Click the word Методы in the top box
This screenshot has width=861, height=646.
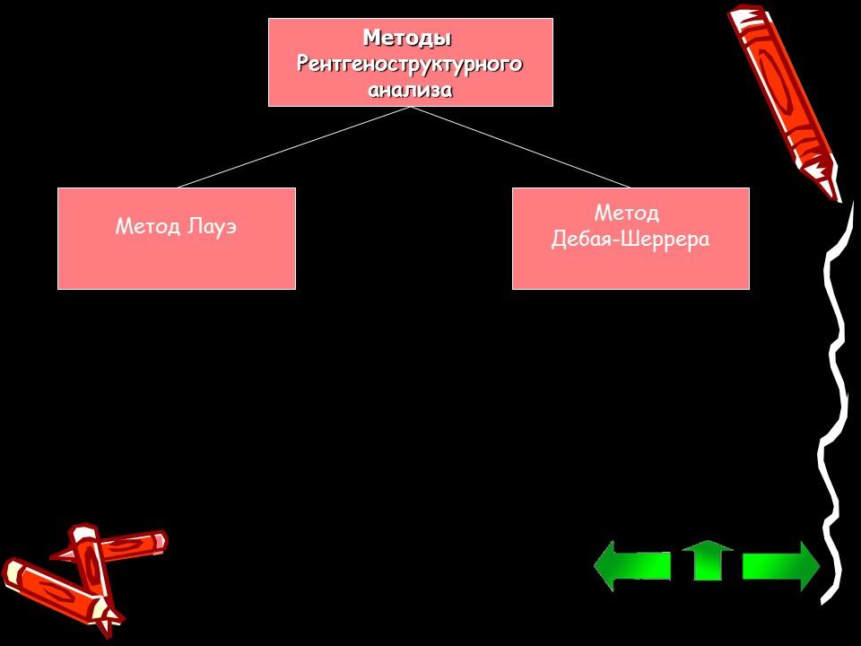(406, 39)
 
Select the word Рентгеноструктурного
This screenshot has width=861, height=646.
(409, 65)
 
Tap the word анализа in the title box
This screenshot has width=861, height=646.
(410, 90)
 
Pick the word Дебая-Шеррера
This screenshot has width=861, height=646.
(630, 240)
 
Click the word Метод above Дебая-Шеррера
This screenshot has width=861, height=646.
(627, 213)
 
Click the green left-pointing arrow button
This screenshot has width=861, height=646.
(631, 565)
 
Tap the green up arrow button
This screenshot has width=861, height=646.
(708, 561)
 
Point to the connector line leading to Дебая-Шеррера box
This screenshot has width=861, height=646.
(520, 147)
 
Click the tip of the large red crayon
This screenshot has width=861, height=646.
(833, 190)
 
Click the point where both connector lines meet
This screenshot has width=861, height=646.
(411, 107)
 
